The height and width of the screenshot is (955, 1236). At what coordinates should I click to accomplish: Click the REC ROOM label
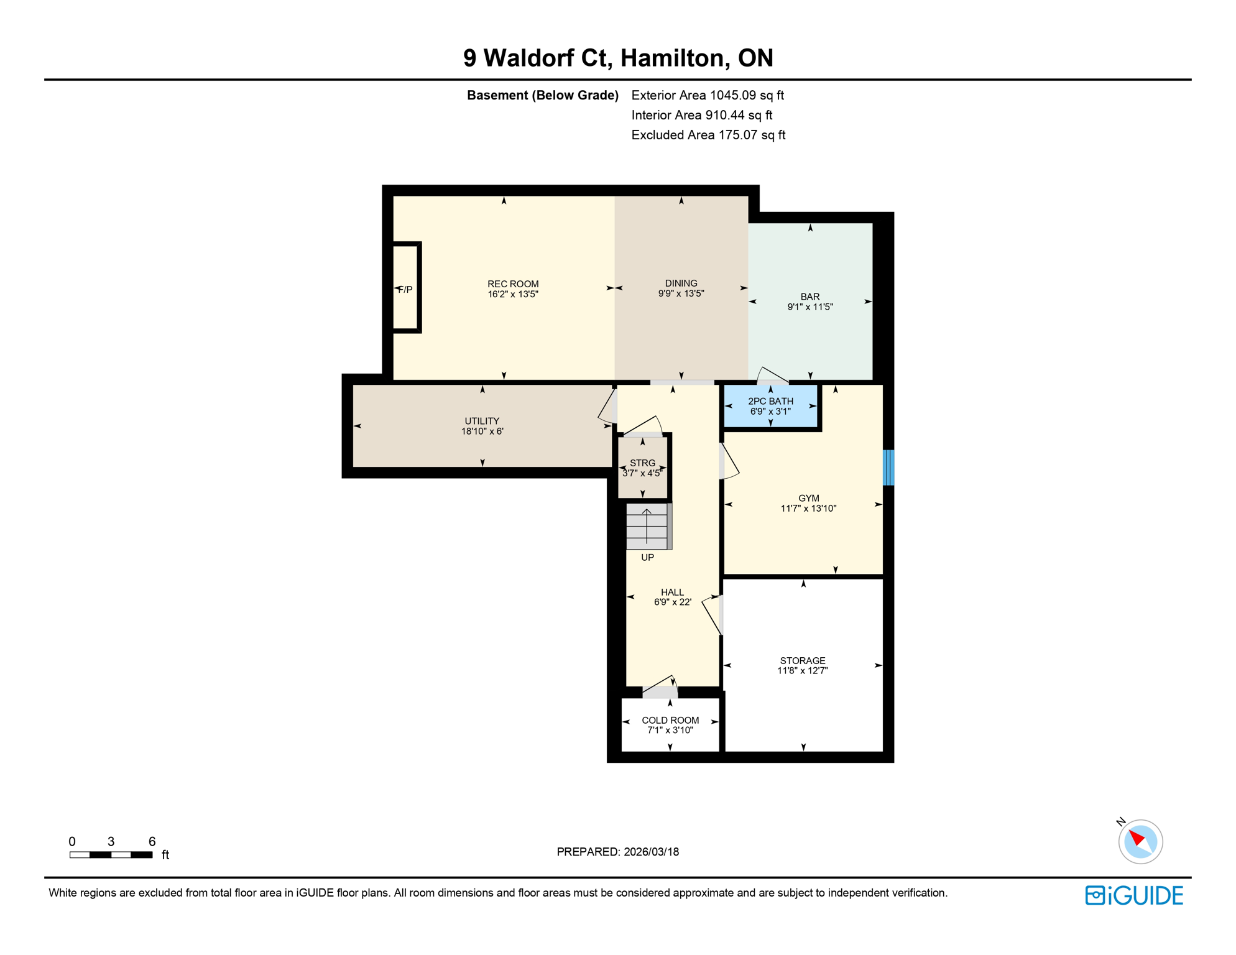coord(513,284)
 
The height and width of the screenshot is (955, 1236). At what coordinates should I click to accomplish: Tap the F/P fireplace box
coord(406,288)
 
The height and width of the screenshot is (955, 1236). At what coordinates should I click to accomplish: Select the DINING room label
coord(681,284)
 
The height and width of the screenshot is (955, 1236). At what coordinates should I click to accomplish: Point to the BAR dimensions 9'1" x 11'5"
coord(809,307)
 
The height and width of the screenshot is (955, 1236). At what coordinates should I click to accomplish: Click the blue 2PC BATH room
coord(770,406)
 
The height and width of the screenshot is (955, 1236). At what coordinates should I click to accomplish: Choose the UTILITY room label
coord(482,421)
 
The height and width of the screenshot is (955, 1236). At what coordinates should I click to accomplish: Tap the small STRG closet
coord(642,468)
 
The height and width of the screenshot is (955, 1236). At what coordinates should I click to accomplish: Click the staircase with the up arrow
coord(647,527)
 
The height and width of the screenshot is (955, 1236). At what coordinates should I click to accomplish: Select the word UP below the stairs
coord(647,558)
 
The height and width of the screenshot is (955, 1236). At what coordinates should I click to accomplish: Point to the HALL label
coord(672,593)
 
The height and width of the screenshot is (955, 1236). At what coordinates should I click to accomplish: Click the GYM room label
coord(808,498)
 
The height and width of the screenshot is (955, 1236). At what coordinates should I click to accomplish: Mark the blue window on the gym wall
coord(888,468)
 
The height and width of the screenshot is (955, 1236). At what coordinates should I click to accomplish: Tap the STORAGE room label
coord(803,660)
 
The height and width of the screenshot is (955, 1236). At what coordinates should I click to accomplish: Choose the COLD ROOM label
coord(670,720)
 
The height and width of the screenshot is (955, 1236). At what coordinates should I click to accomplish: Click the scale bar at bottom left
coord(111,855)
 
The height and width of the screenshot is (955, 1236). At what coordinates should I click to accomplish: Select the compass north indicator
coord(1140,841)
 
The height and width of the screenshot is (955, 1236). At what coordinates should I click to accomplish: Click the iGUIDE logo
coord(1134,895)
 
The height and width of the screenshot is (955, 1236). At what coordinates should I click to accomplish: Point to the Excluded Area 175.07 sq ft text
coord(708,135)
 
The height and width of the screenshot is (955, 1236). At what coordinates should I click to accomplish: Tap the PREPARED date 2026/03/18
coord(617,852)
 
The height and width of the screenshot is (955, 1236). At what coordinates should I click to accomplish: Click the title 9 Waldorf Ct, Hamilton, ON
coord(618,58)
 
